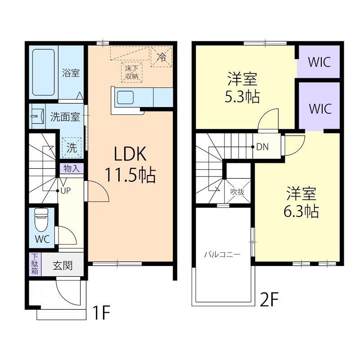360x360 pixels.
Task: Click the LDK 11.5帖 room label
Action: tap(130, 164)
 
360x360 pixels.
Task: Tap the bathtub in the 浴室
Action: tap(43, 72)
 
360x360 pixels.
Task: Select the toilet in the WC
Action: tap(41, 220)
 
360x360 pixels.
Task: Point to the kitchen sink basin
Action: tap(126, 97)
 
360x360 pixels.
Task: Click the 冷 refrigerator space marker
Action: tap(162, 57)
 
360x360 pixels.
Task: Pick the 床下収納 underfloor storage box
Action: tap(132, 72)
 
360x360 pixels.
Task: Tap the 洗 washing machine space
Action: tap(72, 148)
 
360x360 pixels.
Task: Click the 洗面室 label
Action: tap(65, 117)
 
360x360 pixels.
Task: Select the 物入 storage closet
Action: tap(72, 168)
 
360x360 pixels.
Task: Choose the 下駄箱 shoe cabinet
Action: tap(35, 264)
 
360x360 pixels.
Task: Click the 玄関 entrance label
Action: tap(63, 265)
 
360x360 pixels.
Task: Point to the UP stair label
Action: tap(66, 190)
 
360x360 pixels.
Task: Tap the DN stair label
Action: tap(262, 147)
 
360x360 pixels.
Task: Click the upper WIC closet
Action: tap(319, 62)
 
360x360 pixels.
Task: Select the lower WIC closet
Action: tap(319, 106)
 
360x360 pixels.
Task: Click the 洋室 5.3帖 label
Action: tap(242, 88)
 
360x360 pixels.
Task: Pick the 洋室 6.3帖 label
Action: tap(301, 202)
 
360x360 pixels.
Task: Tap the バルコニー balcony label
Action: tap(222, 254)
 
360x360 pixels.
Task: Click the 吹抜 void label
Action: tap(238, 192)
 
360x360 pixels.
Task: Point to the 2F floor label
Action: tap(269, 299)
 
